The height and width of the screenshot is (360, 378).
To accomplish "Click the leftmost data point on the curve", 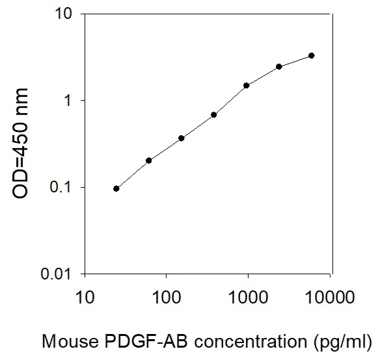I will click(x=116, y=188).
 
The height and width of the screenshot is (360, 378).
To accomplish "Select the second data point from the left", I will click(x=149, y=160).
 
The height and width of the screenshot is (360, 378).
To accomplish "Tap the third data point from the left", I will click(x=182, y=138).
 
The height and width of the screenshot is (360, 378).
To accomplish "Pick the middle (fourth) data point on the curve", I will click(x=214, y=114).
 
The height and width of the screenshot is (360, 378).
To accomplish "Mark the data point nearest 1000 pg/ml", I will click(x=247, y=85).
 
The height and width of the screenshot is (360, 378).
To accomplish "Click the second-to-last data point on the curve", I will click(x=279, y=66).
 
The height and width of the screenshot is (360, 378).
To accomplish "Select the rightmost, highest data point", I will click(x=312, y=56).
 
